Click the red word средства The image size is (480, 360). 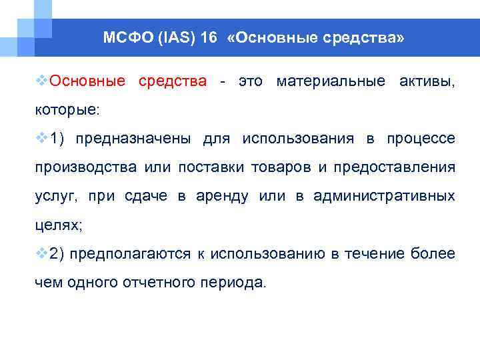(x=172, y=81)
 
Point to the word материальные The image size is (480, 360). (x=330, y=81)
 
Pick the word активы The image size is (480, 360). (x=427, y=81)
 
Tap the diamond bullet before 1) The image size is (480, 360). (x=41, y=138)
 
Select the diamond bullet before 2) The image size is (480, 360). (x=41, y=253)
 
